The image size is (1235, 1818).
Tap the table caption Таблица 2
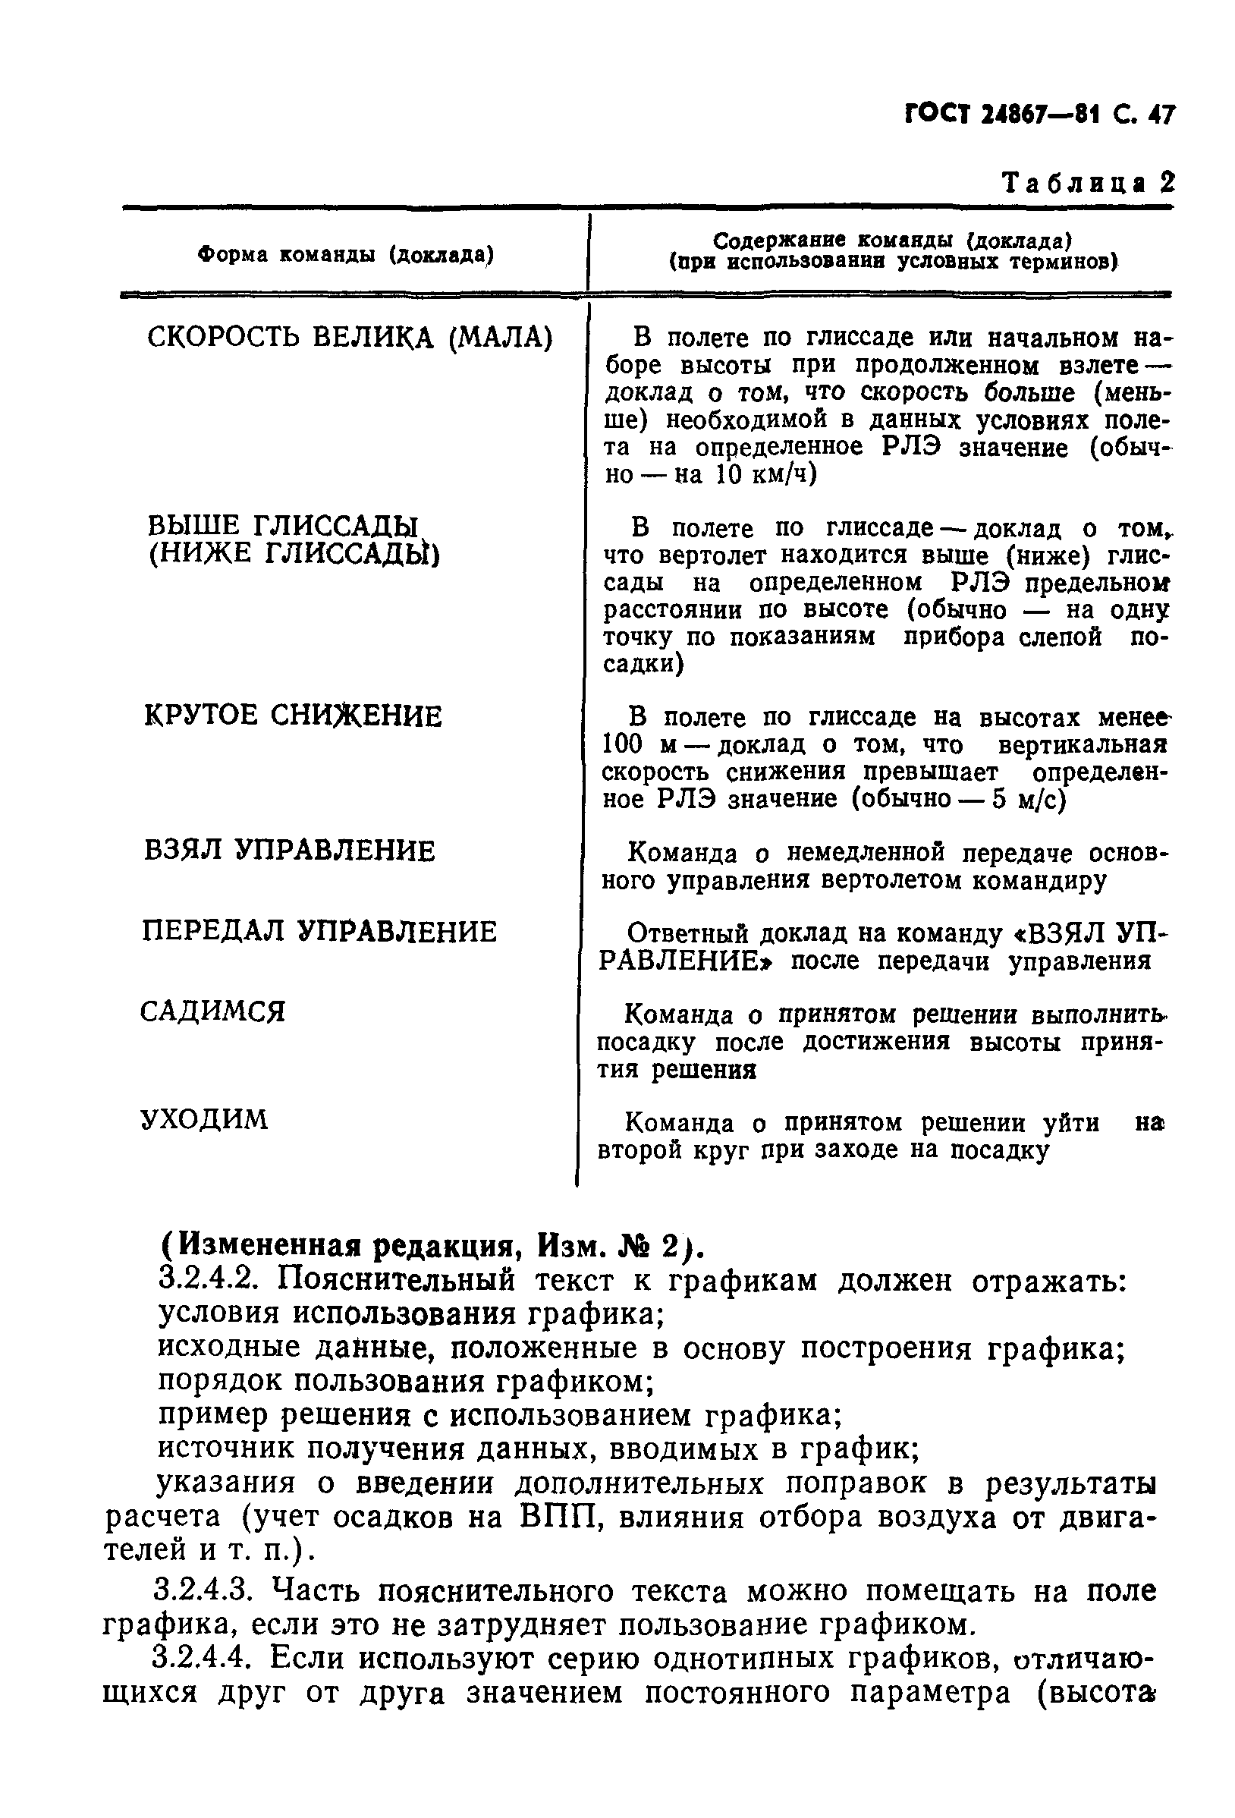[1088, 183]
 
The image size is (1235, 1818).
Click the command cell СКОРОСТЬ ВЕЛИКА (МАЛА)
[350, 337]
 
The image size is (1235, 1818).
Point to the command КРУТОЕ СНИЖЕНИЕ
[294, 716]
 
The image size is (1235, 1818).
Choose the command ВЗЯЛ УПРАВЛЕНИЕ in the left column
[289, 851]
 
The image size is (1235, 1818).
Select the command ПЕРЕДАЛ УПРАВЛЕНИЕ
[319, 932]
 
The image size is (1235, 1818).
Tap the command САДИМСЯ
[212, 1012]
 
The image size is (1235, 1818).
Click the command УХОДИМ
[204, 1119]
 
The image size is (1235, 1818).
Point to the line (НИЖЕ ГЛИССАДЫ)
[294, 554]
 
